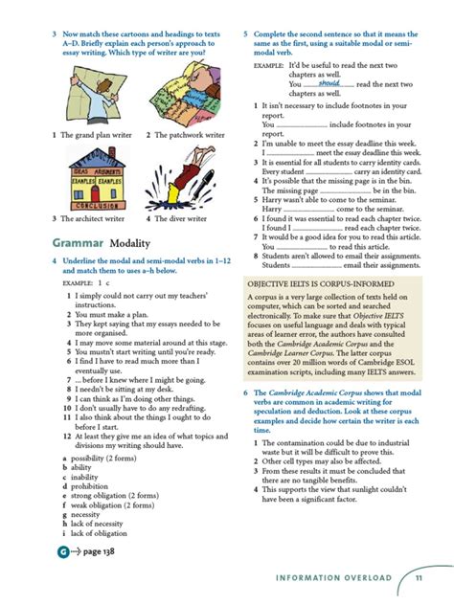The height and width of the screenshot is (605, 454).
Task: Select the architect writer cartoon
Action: click(x=91, y=182)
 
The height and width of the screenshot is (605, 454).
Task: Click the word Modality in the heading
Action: click(x=129, y=242)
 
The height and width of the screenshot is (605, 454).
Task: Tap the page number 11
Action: click(x=420, y=577)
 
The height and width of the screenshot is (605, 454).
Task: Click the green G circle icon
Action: click(x=63, y=552)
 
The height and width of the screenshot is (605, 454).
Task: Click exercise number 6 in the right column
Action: click(x=246, y=392)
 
